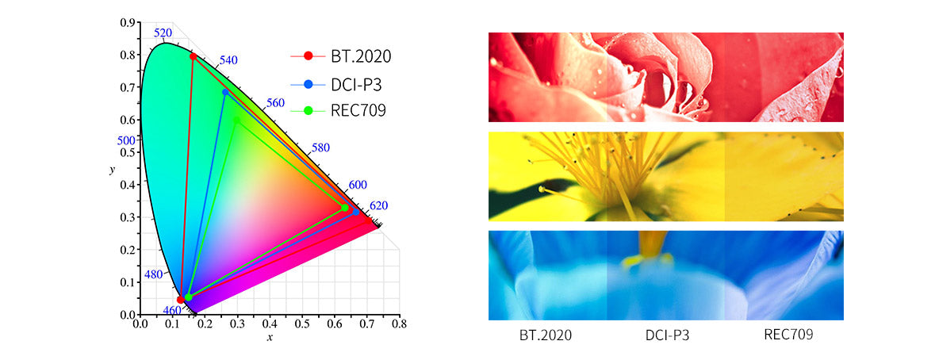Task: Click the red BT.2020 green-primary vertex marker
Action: click(x=193, y=56)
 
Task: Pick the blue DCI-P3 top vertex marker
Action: click(x=225, y=92)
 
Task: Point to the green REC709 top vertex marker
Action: click(x=236, y=120)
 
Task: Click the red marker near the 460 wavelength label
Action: click(x=181, y=299)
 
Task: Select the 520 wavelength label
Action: click(x=163, y=33)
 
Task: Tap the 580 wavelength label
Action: click(x=321, y=148)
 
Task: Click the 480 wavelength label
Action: click(x=153, y=274)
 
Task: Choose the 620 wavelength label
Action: click(x=379, y=205)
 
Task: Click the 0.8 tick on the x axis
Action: click(x=399, y=324)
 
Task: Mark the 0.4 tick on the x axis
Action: click(x=270, y=324)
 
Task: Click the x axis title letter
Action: click(x=270, y=338)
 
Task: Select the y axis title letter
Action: click(x=113, y=169)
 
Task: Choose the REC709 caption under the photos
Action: click(x=788, y=335)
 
